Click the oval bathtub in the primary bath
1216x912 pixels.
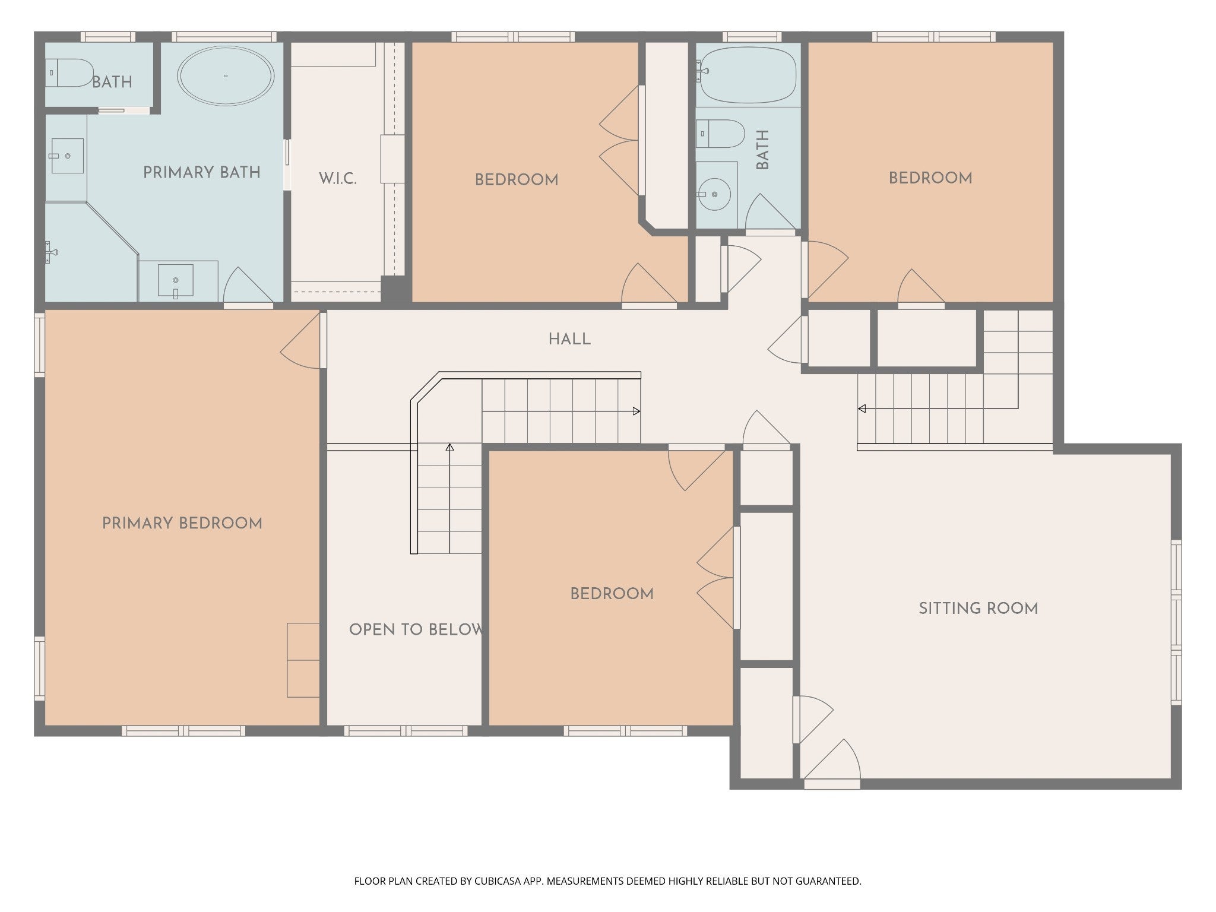coord(226,76)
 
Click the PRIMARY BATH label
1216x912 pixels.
coord(202,173)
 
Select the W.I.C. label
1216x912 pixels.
coord(338,179)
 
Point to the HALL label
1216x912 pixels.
coord(569,340)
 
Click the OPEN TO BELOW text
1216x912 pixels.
coord(416,629)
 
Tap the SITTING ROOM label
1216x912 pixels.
coord(978,609)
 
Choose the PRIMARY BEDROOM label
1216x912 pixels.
coord(182,524)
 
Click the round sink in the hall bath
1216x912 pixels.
coord(714,194)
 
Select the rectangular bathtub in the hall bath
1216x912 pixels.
coord(748,75)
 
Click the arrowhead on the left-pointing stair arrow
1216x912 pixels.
coord(862,408)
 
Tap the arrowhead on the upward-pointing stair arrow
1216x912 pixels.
coord(449,446)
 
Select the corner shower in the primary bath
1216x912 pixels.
coord(89,252)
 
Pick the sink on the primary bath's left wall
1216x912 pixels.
coord(66,156)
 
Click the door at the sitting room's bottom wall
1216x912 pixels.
coord(831,763)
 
